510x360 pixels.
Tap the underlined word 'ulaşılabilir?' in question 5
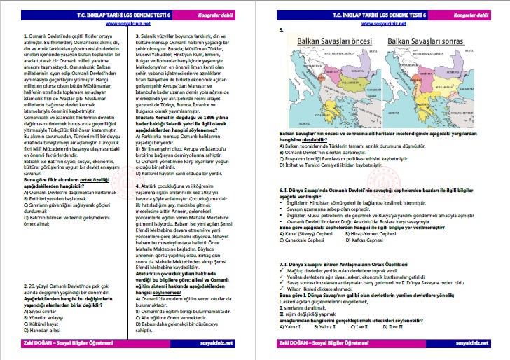(x=306, y=139)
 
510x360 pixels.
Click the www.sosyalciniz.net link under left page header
(x=127, y=23)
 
